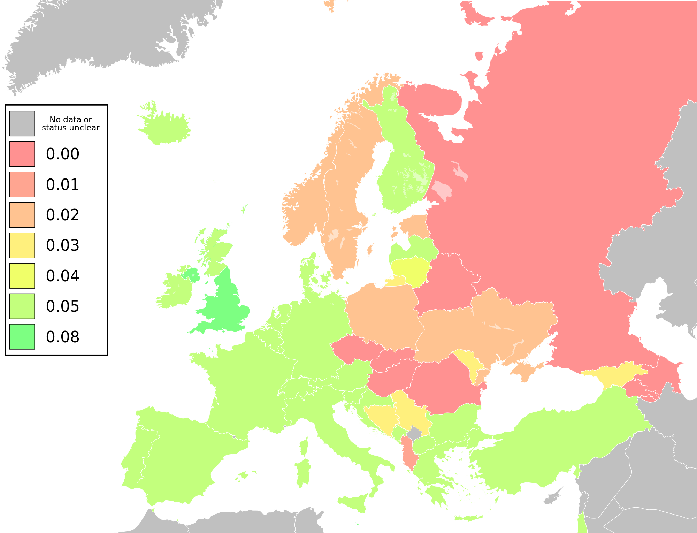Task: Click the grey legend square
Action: pos(22,123)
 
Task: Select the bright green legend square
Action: pos(22,337)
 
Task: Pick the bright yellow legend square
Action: pos(22,276)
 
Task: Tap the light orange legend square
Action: pos(22,215)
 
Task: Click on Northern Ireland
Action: pos(191,274)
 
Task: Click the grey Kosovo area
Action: pos(414,434)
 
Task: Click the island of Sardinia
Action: pos(302,472)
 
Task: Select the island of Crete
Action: pos(469,518)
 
